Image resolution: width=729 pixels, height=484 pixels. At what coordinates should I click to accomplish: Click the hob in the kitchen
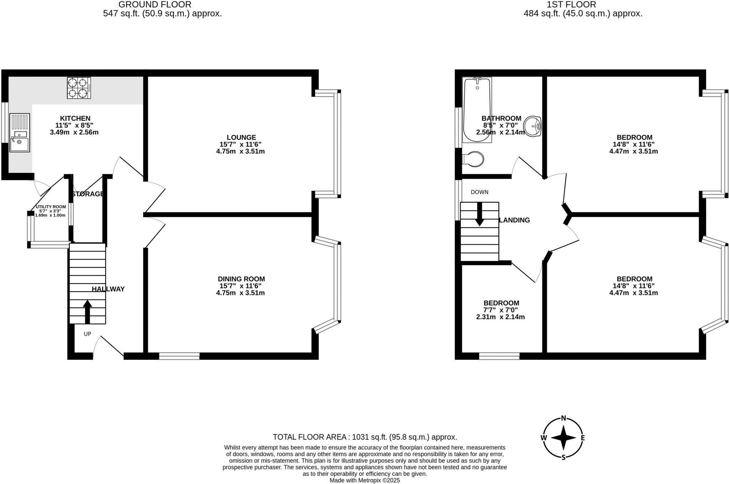[x=79, y=88]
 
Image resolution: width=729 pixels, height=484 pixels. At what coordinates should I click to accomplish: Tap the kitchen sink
[x=20, y=133]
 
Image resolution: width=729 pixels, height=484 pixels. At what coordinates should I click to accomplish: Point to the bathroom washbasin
[x=533, y=126]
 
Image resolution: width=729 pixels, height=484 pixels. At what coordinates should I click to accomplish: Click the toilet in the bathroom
[x=473, y=159]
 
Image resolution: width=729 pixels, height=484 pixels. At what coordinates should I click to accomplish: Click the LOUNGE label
[x=241, y=137]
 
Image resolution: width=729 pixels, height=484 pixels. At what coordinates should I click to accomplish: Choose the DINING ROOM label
[x=241, y=279]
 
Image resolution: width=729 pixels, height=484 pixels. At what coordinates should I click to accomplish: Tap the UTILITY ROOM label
[x=51, y=207]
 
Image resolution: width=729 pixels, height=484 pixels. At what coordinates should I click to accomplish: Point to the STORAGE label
[x=88, y=194]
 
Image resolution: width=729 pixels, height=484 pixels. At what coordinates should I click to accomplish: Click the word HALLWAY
[x=108, y=289]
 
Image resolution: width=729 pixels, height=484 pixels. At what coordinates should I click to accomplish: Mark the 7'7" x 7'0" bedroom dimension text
[x=500, y=310]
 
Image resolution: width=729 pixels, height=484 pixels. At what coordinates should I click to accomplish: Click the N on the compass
[x=563, y=418]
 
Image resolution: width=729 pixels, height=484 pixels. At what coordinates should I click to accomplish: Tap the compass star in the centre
[x=563, y=438]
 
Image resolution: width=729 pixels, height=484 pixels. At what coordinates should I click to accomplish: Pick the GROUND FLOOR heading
[x=155, y=5]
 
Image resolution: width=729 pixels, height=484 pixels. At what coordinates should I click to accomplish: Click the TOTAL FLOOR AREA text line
[x=365, y=437]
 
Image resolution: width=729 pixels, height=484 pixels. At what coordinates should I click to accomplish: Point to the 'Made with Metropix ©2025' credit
[x=364, y=480]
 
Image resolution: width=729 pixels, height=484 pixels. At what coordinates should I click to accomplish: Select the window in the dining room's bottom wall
[x=179, y=356]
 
